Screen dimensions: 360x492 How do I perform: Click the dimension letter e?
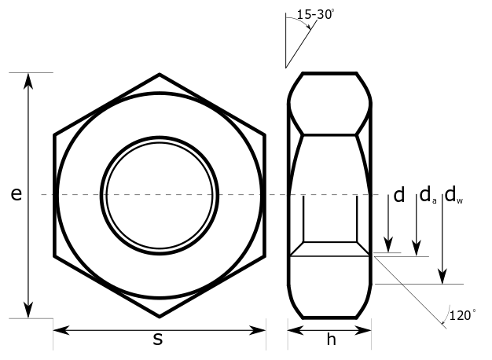pyautogui.click(x=16, y=195)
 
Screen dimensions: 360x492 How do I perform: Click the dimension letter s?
pyautogui.click(x=158, y=340)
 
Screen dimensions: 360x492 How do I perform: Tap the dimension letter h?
pyautogui.click(x=331, y=340)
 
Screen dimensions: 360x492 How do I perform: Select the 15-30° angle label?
pyautogui.click(x=315, y=13)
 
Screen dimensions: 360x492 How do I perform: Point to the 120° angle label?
pyautogui.click(x=462, y=315)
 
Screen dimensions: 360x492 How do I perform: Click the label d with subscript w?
pyautogui.click(x=454, y=195)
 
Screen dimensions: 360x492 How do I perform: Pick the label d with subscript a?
pyautogui.click(x=427, y=195)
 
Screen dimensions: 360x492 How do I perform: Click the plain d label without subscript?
pyautogui.click(x=398, y=195)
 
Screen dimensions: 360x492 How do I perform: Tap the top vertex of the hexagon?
pyautogui.click(x=160, y=75)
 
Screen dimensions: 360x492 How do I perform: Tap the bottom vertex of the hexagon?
pyautogui.click(x=160, y=316)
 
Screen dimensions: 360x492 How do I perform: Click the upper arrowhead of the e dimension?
pyautogui.click(x=29, y=79)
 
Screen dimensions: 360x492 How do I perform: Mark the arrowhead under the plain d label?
pyautogui.click(x=388, y=247)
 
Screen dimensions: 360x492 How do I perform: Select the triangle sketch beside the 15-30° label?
pyautogui.click(x=297, y=43)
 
